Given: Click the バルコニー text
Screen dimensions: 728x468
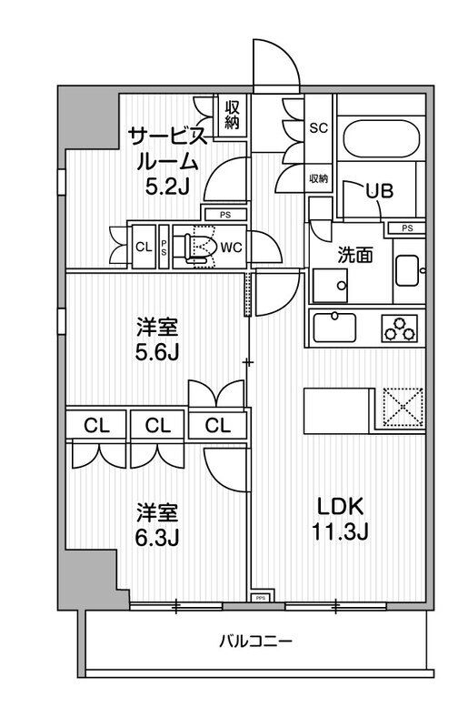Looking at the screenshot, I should point(255,642).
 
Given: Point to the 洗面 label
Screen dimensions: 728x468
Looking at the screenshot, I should point(354,256).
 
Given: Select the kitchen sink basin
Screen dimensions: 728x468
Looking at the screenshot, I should point(338,325).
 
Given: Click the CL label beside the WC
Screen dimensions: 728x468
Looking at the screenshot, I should point(144,247).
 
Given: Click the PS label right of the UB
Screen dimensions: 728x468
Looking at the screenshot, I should point(408,227).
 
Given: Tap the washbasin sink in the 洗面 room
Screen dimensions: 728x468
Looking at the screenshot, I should point(407,270).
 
